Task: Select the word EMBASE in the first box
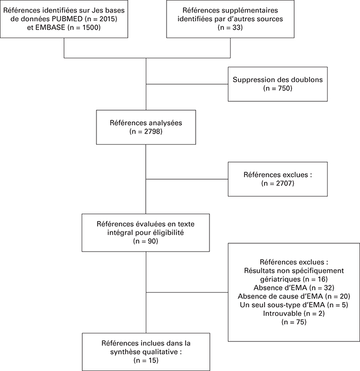(x=50, y=28)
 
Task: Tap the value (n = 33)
(x=230, y=28)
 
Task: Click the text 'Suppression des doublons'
(x=278, y=79)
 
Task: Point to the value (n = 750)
(x=278, y=89)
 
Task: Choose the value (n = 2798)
(x=146, y=131)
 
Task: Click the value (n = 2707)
(x=278, y=183)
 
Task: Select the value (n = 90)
(x=146, y=241)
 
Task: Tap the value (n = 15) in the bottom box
(x=146, y=360)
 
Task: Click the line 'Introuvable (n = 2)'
(x=294, y=314)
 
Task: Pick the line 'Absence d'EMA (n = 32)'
(x=294, y=288)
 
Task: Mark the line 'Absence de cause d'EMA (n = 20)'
(x=294, y=296)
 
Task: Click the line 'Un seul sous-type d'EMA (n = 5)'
(x=294, y=305)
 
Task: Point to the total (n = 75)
(x=294, y=322)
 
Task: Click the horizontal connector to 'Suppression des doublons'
(x=187, y=84)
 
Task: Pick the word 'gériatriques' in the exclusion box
(x=280, y=279)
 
